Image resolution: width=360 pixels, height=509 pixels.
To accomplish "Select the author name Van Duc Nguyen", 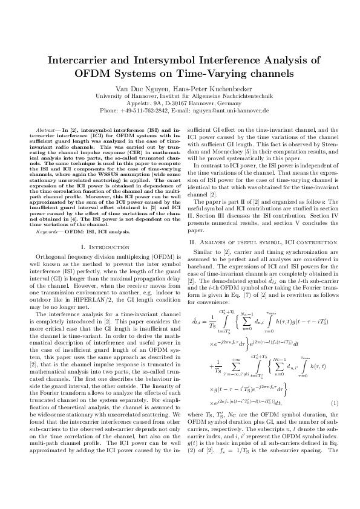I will click(x=141, y=88).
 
